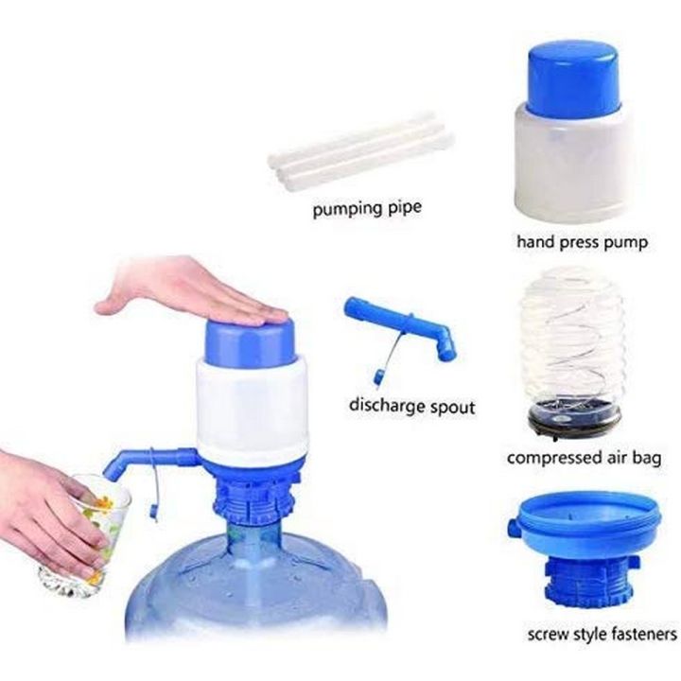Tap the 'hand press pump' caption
click(x=582, y=242)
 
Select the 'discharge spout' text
click(x=412, y=408)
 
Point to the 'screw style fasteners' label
click(x=602, y=632)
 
